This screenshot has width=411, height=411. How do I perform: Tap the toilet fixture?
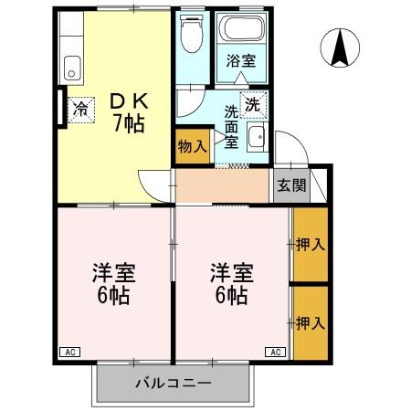click(x=190, y=35)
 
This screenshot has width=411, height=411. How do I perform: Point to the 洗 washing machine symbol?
click(x=253, y=102)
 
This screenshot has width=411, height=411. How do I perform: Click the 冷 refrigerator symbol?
click(x=80, y=109)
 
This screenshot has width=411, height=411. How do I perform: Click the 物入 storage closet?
click(x=192, y=147)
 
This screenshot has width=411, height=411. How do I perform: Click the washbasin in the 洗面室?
click(x=257, y=137)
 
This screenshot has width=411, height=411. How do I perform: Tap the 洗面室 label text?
click(x=232, y=128)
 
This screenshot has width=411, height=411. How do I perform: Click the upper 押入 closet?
click(x=311, y=245)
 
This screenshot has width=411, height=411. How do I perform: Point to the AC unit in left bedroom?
click(x=68, y=351)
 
